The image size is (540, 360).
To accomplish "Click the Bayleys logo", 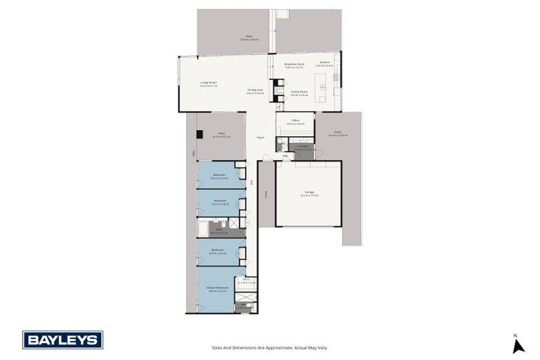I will click(63, 340).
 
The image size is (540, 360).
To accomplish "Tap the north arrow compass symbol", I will click(518, 345).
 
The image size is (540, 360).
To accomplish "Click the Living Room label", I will click(208, 84).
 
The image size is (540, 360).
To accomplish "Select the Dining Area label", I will click(255, 91).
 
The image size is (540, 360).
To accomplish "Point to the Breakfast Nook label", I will click(293, 65).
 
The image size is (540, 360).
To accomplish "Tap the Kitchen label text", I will click(324, 63).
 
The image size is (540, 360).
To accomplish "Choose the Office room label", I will click(295, 122).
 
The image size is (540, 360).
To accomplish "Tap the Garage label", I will click(309, 193).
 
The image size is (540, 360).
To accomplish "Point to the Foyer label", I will click(260, 137).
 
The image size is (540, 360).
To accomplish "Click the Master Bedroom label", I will click(217, 289).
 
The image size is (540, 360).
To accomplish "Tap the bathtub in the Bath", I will click(202, 229).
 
